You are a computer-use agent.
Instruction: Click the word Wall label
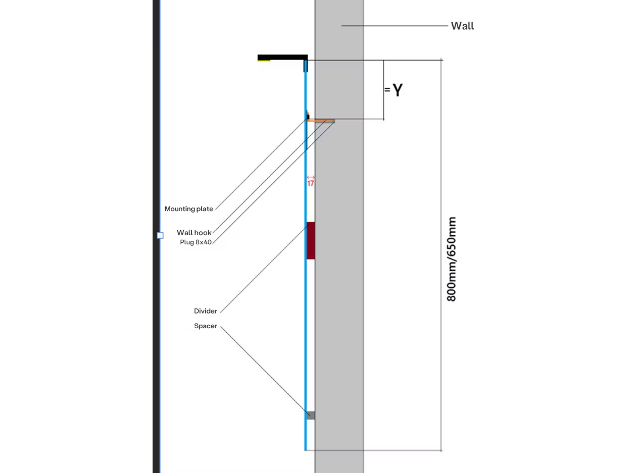point(462,26)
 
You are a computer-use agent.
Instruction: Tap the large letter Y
point(398,90)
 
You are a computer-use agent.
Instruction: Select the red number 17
point(311,183)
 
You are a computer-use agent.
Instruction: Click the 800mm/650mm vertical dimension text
point(451,259)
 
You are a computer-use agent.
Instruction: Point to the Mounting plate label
point(188,208)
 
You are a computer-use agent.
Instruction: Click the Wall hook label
point(194,233)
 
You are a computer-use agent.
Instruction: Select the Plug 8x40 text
point(196,242)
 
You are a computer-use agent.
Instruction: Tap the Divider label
point(206,311)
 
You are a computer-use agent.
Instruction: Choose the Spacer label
point(206,326)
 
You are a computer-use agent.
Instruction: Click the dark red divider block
point(311,240)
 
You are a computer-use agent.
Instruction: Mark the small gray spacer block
point(311,415)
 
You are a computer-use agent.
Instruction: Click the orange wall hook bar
point(321,121)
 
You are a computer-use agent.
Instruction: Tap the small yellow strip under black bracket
point(264,61)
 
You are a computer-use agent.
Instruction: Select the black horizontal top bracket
point(282,58)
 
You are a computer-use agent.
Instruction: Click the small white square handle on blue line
point(160,235)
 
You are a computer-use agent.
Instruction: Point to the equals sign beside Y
point(387,90)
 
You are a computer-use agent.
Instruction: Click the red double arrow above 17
point(311,177)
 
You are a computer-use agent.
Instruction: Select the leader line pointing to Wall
point(395,26)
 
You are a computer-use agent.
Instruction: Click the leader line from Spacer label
point(265,371)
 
